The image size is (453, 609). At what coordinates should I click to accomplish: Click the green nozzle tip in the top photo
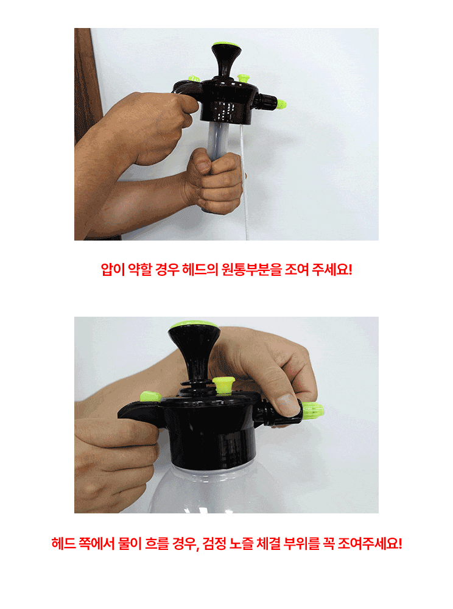pos(281,104)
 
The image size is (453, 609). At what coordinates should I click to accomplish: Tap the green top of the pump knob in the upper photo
pos(226,44)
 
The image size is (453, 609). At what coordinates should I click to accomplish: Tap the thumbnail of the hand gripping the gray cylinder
pos(203,166)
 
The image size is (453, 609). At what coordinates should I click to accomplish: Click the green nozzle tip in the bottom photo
pos(312,410)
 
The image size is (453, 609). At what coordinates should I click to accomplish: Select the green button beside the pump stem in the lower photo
pos(224,384)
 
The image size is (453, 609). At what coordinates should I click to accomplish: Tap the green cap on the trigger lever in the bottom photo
pos(150,396)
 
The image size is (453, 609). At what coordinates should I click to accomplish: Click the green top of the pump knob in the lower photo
pos(194,325)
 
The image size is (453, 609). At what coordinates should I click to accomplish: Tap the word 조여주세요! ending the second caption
pos(370,543)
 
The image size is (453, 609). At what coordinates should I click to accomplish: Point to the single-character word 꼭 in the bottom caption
pos(328,543)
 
